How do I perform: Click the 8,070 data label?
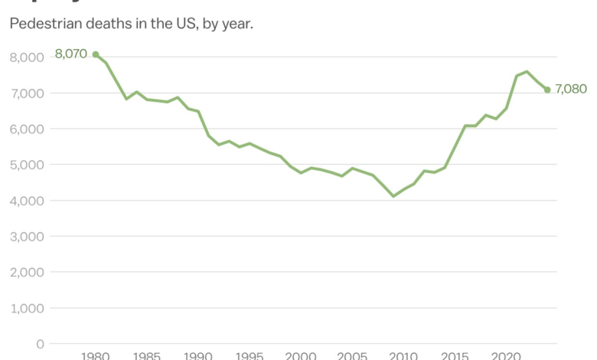[71, 54]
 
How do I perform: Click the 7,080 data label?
[571, 90]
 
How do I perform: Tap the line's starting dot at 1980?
[96, 54]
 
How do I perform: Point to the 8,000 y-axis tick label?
[27, 57]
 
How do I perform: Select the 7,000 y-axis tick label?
[27, 93]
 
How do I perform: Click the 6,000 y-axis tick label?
[27, 129]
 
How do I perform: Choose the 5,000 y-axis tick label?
[27, 165]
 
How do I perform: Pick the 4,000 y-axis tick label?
[27, 201]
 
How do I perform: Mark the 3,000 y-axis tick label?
[27, 237]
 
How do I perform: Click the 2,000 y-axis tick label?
[27, 272]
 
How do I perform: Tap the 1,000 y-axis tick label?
[27, 308]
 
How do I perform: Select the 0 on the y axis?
[40, 344]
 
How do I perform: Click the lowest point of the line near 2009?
[393, 196]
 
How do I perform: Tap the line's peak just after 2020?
[527, 71]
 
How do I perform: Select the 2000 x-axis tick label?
[301, 355]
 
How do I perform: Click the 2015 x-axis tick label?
[455, 355]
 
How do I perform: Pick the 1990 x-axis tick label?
[198, 355]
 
